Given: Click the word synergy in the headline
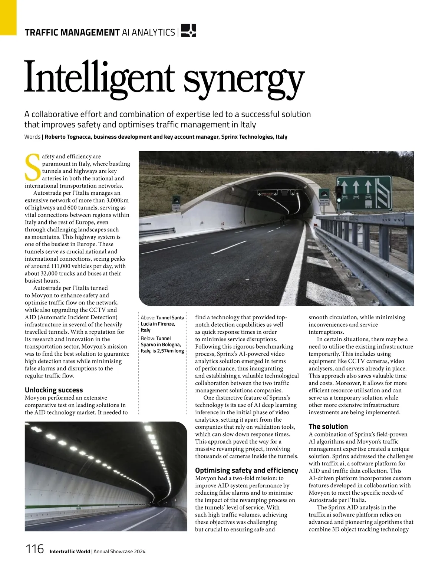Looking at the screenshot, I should pyautogui.click(x=244, y=80).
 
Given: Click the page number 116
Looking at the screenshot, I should pyautogui.click(x=34, y=549).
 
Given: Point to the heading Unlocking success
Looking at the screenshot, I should pyautogui.click(x=54, y=390).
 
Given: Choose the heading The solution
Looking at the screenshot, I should pyautogui.click(x=328, y=426).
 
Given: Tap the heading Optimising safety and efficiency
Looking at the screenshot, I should pyautogui.click(x=246, y=470).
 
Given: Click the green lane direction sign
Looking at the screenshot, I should pyautogui.click(x=364, y=193).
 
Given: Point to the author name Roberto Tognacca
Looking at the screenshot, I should pyautogui.click(x=68, y=137).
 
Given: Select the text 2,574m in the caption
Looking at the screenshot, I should pyautogui.click(x=165, y=351).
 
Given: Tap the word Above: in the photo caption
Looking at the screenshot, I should pyautogui.click(x=148, y=318).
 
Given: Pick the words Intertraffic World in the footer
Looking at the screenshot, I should pyautogui.click(x=70, y=551).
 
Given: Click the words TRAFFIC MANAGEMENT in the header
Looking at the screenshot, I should pyautogui.click(x=72, y=33).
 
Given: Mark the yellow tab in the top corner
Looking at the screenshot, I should pyautogui.click(x=8, y=17).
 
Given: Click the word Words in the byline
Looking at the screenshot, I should pyautogui.click(x=32, y=137).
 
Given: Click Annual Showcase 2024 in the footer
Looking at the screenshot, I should pyautogui.click(x=119, y=551).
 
